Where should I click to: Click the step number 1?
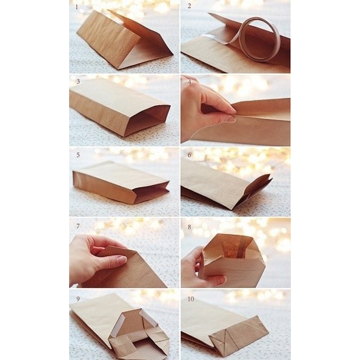[x=77, y=7]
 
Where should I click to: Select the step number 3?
[x=78, y=81]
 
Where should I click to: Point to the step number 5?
[x=78, y=155]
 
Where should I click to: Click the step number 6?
[x=189, y=155]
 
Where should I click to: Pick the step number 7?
[x=78, y=226]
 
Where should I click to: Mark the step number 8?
[x=189, y=227]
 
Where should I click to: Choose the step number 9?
[x=78, y=299]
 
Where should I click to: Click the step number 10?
[x=191, y=299]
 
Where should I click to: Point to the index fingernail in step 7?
[x=121, y=261]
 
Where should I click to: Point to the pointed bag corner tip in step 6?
[x=272, y=178]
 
